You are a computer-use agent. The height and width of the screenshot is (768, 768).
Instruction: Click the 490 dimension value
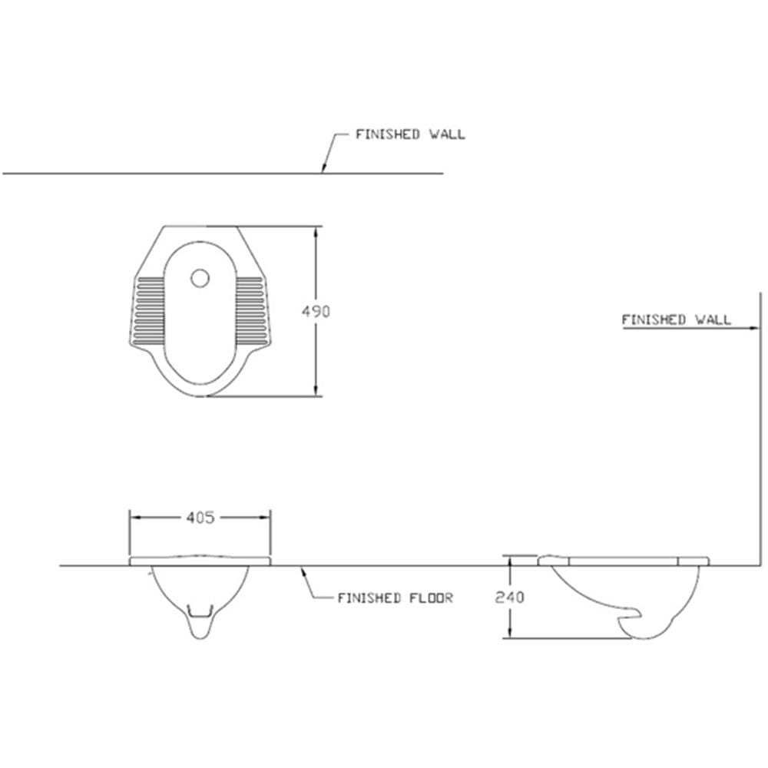(316, 312)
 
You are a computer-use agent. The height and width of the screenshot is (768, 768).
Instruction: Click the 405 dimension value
(200, 517)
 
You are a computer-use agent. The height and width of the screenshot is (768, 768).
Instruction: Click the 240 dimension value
(509, 597)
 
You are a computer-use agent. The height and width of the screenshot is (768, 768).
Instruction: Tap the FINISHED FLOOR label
(396, 598)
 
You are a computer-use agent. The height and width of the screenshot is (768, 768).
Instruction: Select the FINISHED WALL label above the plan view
(410, 134)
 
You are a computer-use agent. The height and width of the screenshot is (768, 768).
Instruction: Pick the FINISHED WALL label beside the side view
(676, 319)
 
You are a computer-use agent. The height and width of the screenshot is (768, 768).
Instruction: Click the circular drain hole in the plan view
(200, 278)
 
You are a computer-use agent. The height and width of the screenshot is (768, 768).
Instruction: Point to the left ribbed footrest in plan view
(150, 310)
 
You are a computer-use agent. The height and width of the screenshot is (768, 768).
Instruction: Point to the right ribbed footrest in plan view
(250, 310)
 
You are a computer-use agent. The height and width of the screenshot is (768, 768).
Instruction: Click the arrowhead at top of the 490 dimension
(316, 232)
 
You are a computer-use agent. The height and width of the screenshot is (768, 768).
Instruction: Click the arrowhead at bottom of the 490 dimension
(316, 390)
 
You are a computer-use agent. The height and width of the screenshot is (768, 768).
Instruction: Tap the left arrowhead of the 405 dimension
(135, 517)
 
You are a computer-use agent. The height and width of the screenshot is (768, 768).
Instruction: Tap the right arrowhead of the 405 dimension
(264, 517)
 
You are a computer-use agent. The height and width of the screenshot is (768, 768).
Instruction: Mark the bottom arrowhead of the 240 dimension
(510, 632)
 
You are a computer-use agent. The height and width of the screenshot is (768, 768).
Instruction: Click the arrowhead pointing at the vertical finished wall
(754, 328)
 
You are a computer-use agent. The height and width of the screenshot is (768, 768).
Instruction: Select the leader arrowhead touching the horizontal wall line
(323, 167)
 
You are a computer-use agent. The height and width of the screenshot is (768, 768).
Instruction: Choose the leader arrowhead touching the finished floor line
(304, 571)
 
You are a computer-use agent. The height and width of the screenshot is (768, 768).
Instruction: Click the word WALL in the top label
(447, 134)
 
